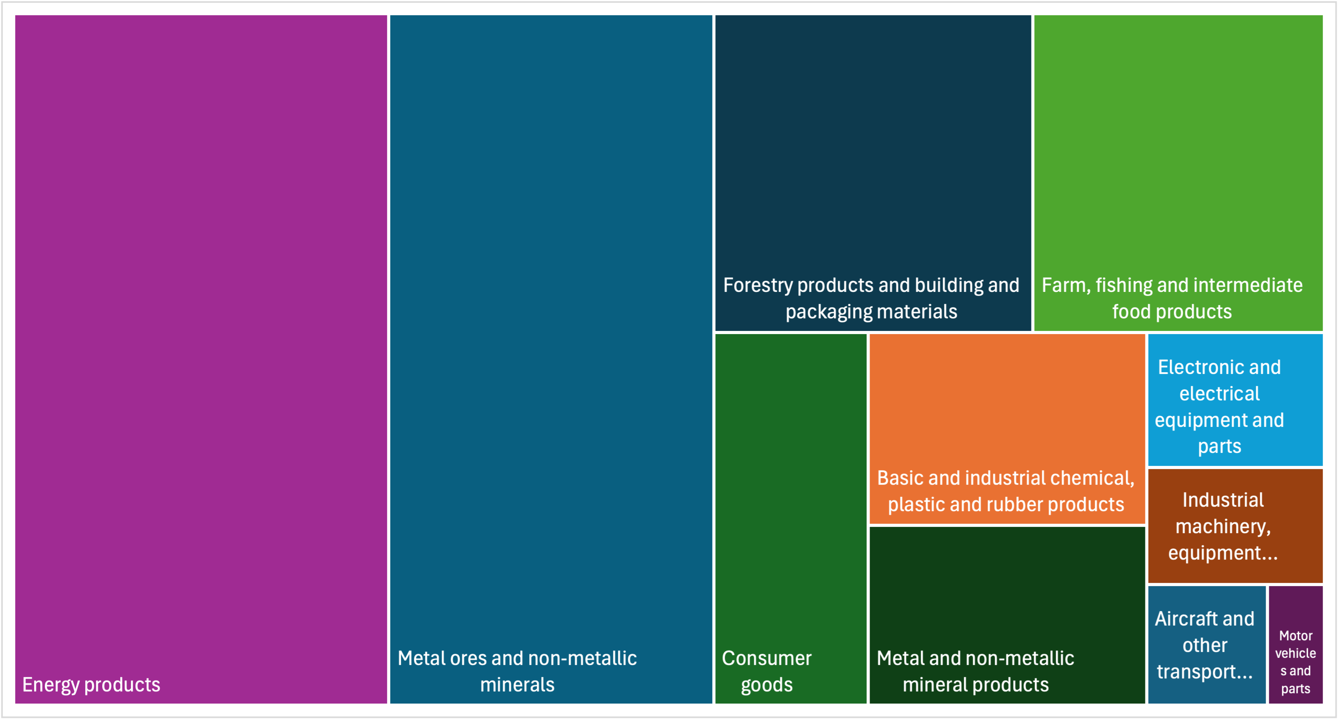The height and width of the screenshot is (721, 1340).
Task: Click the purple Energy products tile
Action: [x=201, y=359]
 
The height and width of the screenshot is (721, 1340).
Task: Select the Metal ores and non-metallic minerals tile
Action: [x=551, y=359]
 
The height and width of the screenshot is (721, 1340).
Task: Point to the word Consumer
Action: [x=766, y=659]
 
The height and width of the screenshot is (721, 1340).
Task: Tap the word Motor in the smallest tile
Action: [x=1296, y=636]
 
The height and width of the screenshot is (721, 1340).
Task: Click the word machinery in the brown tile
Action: [x=1223, y=526]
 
